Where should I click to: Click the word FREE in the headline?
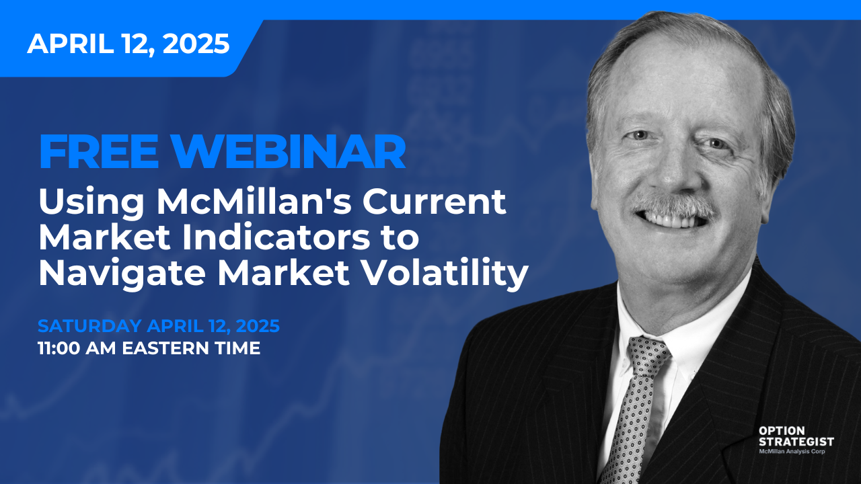[99, 152]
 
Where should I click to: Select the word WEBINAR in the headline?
[289, 152]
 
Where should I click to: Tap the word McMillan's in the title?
[254, 202]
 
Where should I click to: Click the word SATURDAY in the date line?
[89, 326]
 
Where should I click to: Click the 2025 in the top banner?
[196, 44]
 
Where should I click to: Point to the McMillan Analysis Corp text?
[792, 451]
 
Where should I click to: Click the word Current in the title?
[435, 202]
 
